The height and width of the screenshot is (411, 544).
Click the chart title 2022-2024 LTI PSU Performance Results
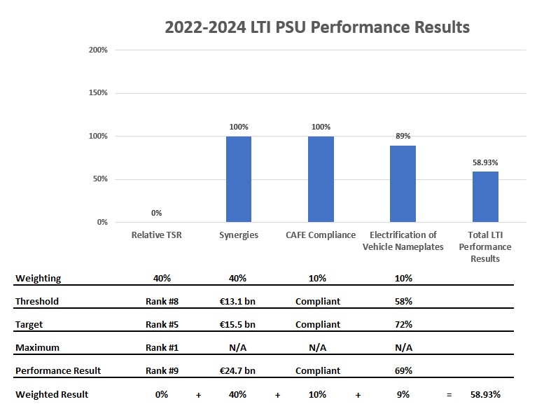click(316, 27)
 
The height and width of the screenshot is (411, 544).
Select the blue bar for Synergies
click(239, 179)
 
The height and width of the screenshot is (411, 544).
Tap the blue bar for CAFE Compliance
click(321, 179)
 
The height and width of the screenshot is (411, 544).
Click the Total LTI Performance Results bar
click(485, 197)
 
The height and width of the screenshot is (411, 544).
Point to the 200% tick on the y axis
click(98, 50)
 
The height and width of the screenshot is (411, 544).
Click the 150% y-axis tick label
click(98, 93)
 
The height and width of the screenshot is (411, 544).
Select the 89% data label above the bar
click(403, 137)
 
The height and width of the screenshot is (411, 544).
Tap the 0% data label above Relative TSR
click(156, 213)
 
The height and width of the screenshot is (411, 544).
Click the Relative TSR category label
click(156, 235)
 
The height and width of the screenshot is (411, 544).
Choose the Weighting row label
click(39, 278)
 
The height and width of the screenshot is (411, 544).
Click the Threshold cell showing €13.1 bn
click(237, 301)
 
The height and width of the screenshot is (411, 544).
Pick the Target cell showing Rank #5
click(162, 324)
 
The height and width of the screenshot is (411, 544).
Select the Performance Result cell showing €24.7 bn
click(237, 370)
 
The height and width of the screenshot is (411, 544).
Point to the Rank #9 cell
click(162, 370)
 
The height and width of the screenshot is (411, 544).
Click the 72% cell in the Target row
click(403, 324)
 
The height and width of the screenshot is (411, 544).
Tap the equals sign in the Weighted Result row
click(449, 395)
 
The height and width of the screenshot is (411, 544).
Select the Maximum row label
click(38, 347)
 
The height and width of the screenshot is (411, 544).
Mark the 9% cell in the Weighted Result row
click(403, 394)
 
